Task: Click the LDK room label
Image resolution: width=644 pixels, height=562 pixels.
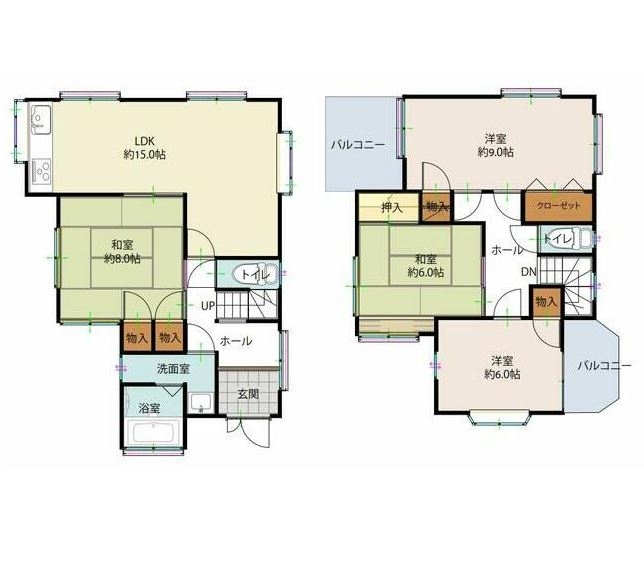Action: click(x=145, y=141)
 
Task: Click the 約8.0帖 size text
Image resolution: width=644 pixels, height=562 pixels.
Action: click(x=122, y=259)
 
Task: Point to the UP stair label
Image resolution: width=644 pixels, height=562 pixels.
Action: click(x=208, y=306)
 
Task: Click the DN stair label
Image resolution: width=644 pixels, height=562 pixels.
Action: click(x=529, y=272)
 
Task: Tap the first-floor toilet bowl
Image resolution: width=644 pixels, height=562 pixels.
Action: click(x=249, y=274)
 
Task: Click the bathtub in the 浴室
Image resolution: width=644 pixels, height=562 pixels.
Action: click(x=152, y=433)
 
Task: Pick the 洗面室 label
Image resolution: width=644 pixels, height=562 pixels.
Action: click(x=173, y=369)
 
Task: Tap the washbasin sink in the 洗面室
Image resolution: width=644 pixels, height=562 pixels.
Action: click(x=201, y=403)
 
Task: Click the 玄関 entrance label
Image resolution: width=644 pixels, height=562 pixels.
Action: click(x=248, y=394)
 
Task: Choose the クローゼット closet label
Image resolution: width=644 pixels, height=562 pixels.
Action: click(x=558, y=205)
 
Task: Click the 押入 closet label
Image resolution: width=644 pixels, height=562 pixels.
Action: click(x=392, y=207)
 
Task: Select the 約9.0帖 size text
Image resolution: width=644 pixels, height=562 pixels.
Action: click(x=495, y=152)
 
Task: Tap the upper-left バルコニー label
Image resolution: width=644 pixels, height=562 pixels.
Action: click(x=358, y=145)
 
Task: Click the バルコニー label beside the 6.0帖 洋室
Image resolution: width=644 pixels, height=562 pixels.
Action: click(x=604, y=366)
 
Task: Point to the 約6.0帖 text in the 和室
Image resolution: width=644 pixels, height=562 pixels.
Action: click(x=426, y=272)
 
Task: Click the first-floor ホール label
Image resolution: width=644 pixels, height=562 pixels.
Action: click(x=236, y=341)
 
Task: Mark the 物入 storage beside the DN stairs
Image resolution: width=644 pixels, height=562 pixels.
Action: click(x=546, y=302)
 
